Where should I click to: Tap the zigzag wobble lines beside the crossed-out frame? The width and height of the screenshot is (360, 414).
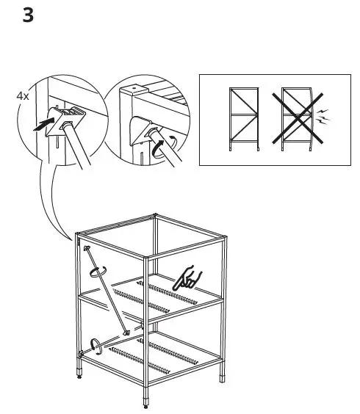(x=325, y=116)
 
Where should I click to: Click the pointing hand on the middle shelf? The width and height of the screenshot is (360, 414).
(x=188, y=278)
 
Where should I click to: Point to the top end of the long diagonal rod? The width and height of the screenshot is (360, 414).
(x=87, y=249)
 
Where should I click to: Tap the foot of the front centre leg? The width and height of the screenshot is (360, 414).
(x=144, y=403)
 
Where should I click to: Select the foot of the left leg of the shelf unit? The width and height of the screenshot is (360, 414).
(x=80, y=379)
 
